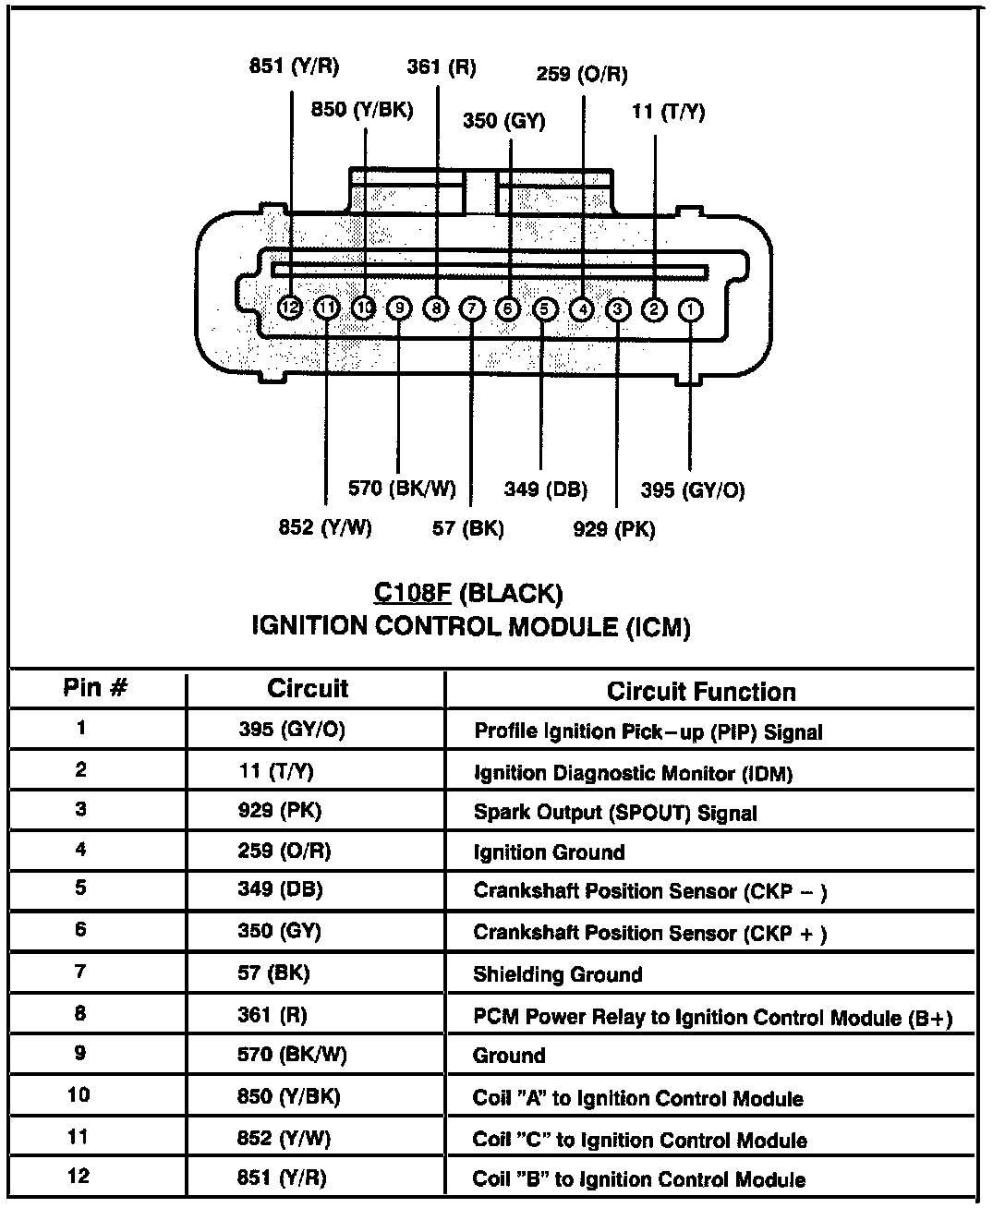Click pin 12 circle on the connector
point(290,308)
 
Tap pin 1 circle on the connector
point(690,309)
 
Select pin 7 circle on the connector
point(472,308)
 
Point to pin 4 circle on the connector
point(581,309)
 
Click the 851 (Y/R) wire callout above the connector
point(294,66)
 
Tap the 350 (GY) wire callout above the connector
point(504,121)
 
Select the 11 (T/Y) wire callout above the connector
point(668,112)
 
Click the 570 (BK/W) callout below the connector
point(402,489)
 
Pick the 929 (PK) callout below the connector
point(614,529)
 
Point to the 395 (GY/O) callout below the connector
point(693,490)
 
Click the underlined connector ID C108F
point(412,592)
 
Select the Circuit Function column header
point(701,692)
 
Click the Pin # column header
point(95,687)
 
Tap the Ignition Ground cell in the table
point(549,852)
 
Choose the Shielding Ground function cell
point(558,974)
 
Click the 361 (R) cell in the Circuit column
point(272,1015)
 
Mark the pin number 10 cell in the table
point(79,1094)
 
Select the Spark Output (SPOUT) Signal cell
point(615,813)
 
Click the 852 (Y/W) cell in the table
point(284,1138)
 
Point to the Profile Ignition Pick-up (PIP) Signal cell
point(648,731)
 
